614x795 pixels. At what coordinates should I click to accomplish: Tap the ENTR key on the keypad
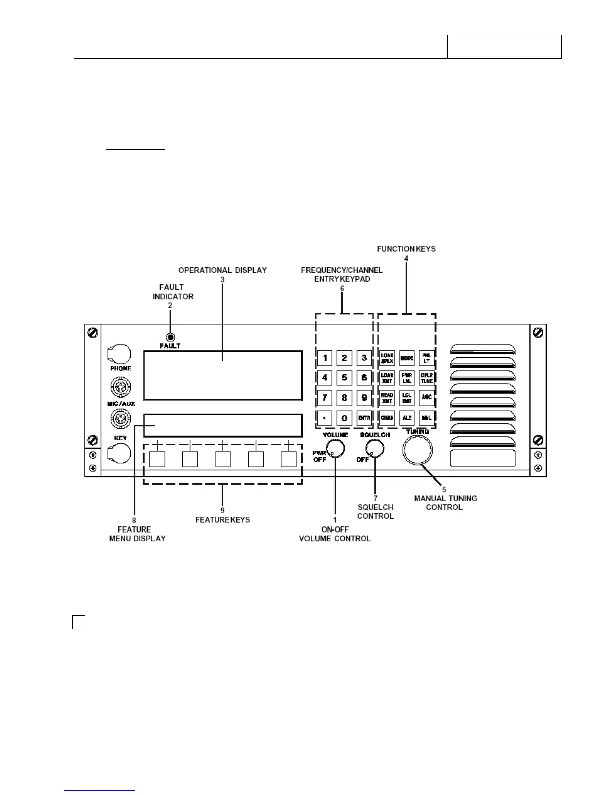pos(364,418)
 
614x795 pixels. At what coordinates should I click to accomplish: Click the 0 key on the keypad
pos(344,418)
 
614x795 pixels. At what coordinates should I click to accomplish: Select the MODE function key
pos(407,358)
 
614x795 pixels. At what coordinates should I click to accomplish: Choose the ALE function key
pos(407,418)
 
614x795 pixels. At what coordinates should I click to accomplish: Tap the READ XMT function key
pos(387,398)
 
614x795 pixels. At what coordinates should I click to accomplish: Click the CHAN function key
pos(387,418)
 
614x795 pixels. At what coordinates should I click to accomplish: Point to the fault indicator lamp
pos(170,338)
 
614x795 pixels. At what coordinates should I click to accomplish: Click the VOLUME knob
pos(335,448)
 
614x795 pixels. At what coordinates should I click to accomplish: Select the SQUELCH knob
pos(375,448)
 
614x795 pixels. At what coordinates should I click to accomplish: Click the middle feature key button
pos(223,459)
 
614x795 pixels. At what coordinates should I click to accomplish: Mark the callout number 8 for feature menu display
pos(134,520)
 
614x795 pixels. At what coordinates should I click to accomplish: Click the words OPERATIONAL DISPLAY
pos(222,270)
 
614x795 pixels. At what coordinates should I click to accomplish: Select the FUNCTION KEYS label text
pos(406,249)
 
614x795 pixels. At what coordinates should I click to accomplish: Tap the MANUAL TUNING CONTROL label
pos(445,503)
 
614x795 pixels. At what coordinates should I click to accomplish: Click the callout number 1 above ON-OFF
pos(335,520)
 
